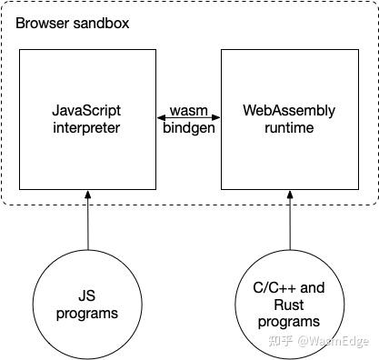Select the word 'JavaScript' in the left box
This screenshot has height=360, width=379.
click(87, 111)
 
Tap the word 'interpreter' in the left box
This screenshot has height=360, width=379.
click(87, 127)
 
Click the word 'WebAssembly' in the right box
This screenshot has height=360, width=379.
click(289, 111)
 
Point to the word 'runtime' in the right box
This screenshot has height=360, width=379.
click(289, 127)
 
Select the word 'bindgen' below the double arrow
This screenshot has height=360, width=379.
click(189, 128)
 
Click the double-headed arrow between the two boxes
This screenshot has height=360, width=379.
click(189, 119)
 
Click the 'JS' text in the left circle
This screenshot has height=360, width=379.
click(88, 297)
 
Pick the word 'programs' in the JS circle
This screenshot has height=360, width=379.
click(88, 314)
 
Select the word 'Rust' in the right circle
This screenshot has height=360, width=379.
click(289, 305)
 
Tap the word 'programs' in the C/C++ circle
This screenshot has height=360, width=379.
click(289, 321)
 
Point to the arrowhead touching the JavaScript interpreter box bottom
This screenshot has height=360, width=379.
click(88, 194)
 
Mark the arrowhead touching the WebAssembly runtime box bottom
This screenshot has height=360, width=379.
click(290, 194)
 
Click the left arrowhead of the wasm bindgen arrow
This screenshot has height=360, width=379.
click(161, 119)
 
